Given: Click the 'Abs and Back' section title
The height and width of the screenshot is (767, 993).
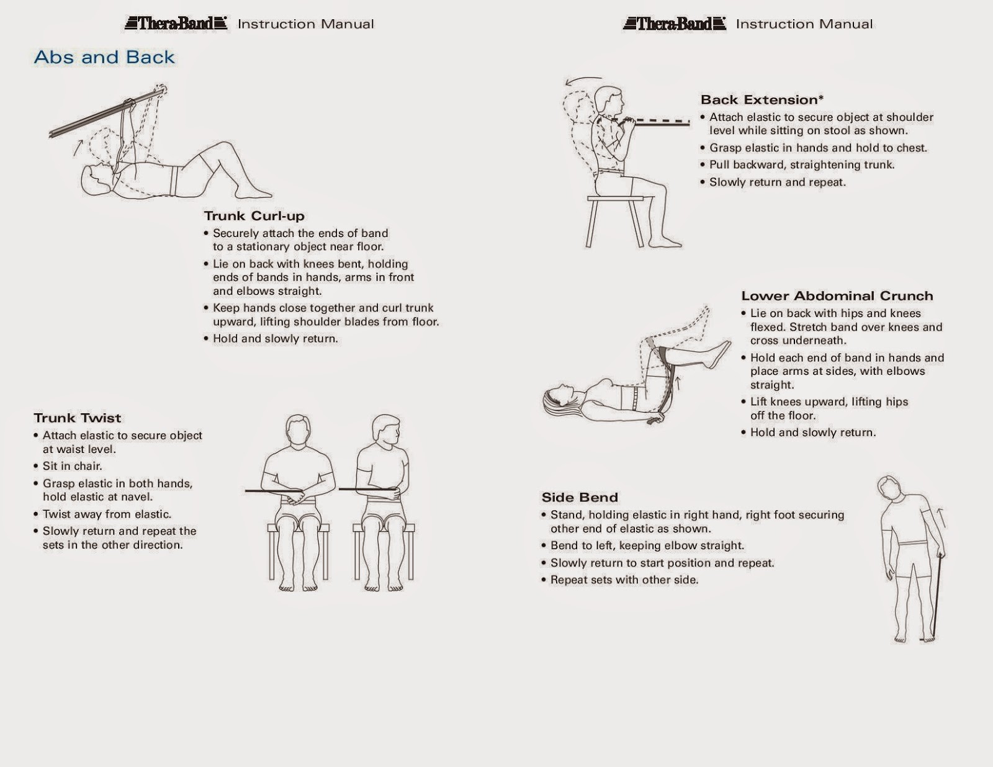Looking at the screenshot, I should point(104,57).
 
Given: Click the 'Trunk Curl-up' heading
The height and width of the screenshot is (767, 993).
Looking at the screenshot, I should point(254,216).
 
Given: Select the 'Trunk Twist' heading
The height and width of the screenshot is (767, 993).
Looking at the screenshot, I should point(78,418).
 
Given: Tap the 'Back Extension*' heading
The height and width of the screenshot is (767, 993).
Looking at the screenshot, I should point(762,100).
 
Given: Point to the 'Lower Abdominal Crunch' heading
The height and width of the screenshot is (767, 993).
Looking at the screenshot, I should point(837,296).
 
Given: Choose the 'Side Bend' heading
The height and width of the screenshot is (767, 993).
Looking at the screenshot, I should point(580,497).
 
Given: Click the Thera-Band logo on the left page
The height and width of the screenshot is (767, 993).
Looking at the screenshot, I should point(176,24).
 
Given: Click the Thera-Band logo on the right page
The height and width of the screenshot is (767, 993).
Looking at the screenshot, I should point(674,24).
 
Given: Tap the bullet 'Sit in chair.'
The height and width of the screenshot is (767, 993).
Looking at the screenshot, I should point(72,466).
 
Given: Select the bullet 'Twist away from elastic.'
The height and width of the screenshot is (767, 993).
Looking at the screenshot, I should point(107,514).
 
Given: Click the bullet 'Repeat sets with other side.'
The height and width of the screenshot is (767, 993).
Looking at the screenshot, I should point(624,580).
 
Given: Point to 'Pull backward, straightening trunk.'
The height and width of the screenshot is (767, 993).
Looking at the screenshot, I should point(801,164).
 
